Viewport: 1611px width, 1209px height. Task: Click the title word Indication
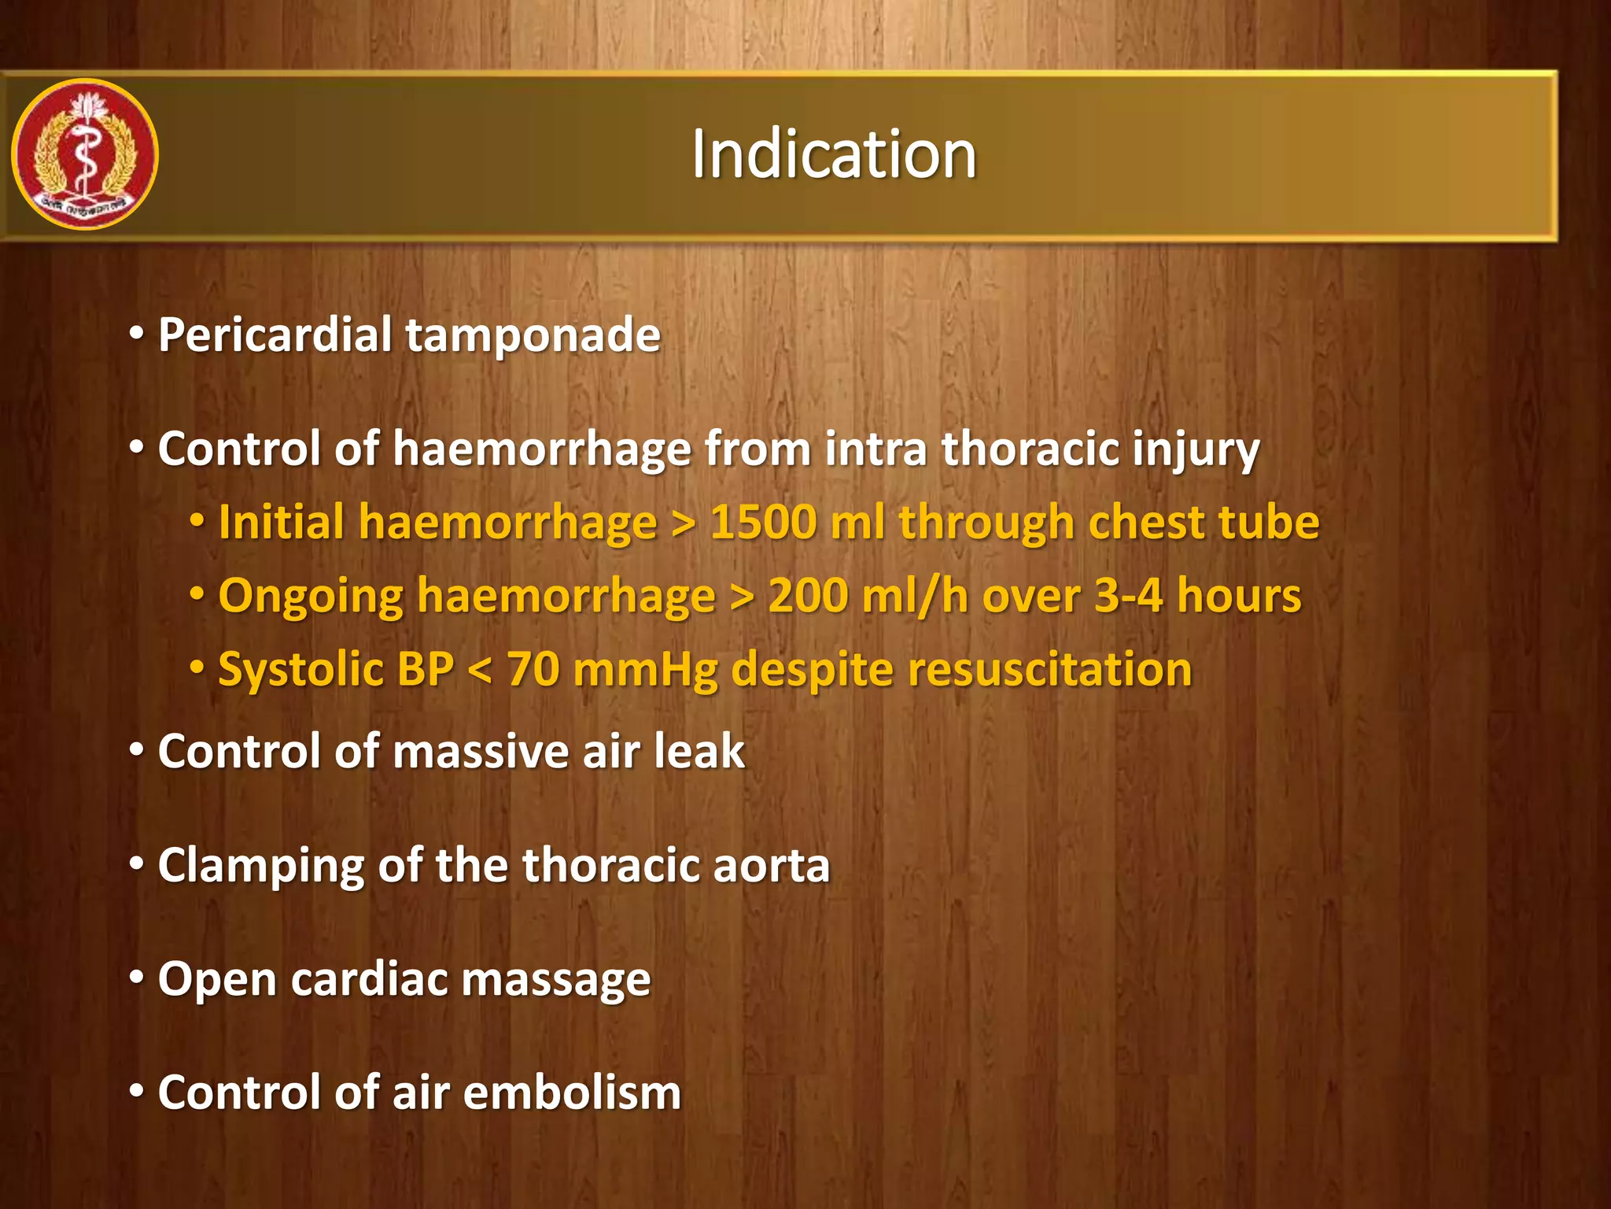point(834,154)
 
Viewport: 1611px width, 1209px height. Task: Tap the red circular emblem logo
point(85,154)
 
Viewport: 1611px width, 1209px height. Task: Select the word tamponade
point(533,336)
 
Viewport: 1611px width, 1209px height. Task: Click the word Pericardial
point(275,335)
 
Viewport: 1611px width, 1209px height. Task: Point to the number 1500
point(763,523)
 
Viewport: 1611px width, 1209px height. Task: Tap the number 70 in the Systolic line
point(533,670)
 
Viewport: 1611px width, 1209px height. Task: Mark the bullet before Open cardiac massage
point(137,978)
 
